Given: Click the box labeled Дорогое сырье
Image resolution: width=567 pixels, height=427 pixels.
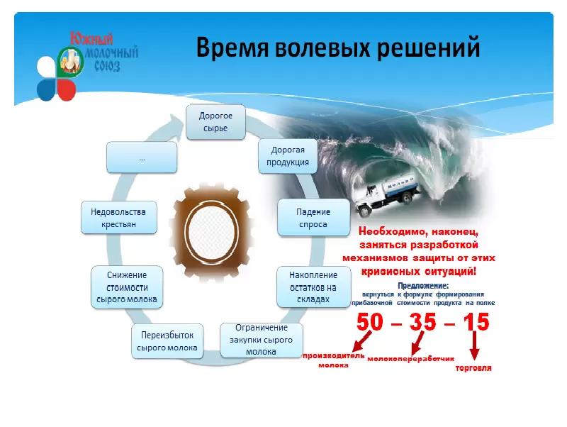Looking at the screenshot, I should (x=215, y=121).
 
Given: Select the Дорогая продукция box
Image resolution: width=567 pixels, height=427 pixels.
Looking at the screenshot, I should (x=288, y=157).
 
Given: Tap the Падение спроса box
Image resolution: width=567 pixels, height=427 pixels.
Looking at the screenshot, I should (x=313, y=217).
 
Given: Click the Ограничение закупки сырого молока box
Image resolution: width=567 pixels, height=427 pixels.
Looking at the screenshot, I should (x=262, y=340).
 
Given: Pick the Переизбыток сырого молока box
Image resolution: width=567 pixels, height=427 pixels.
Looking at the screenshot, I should (x=167, y=342).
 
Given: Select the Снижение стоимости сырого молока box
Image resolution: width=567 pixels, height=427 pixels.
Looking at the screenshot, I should (x=127, y=287).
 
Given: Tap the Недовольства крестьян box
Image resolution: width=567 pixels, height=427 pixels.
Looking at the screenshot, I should (x=118, y=218).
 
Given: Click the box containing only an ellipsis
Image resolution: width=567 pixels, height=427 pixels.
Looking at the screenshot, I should (x=142, y=157).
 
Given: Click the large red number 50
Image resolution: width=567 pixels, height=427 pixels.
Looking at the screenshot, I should (x=373, y=322).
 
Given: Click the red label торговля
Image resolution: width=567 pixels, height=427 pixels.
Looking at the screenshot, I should (x=473, y=369).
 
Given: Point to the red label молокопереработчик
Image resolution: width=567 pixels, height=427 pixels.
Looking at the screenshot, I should (x=410, y=358).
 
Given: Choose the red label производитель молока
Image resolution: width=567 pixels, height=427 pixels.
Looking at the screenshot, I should (x=332, y=360).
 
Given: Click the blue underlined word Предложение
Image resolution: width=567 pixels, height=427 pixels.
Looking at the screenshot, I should (x=422, y=285).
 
